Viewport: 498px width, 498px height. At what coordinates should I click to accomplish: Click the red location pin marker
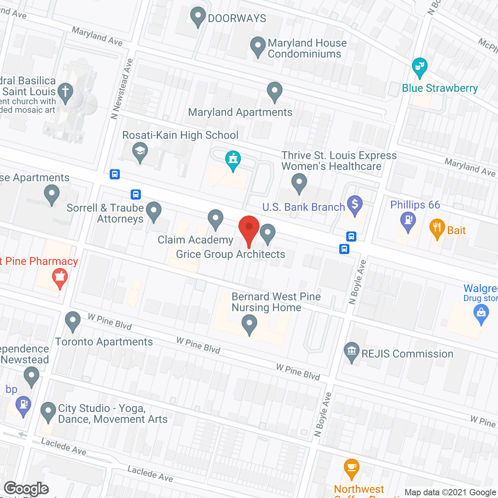click(249, 230)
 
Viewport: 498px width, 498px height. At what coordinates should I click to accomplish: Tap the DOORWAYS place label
click(237, 18)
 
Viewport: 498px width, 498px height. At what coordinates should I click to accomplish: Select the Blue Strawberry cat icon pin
click(419, 67)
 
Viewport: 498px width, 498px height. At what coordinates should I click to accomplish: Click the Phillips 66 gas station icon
click(408, 221)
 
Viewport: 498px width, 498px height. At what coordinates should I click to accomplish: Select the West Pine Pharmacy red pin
click(60, 278)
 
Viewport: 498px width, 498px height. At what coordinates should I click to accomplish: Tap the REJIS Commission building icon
click(352, 351)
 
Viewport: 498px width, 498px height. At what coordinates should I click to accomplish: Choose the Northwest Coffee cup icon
click(351, 467)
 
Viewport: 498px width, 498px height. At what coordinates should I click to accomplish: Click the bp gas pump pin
click(23, 405)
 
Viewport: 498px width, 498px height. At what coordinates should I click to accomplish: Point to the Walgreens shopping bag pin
click(481, 313)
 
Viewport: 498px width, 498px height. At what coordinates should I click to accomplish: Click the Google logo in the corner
click(26, 489)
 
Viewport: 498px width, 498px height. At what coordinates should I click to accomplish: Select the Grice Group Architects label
click(230, 254)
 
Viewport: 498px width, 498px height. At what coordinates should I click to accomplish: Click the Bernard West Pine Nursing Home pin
click(249, 324)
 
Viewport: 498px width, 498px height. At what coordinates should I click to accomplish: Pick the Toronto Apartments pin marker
click(73, 321)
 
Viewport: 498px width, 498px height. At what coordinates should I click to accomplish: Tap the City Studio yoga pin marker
click(48, 411)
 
